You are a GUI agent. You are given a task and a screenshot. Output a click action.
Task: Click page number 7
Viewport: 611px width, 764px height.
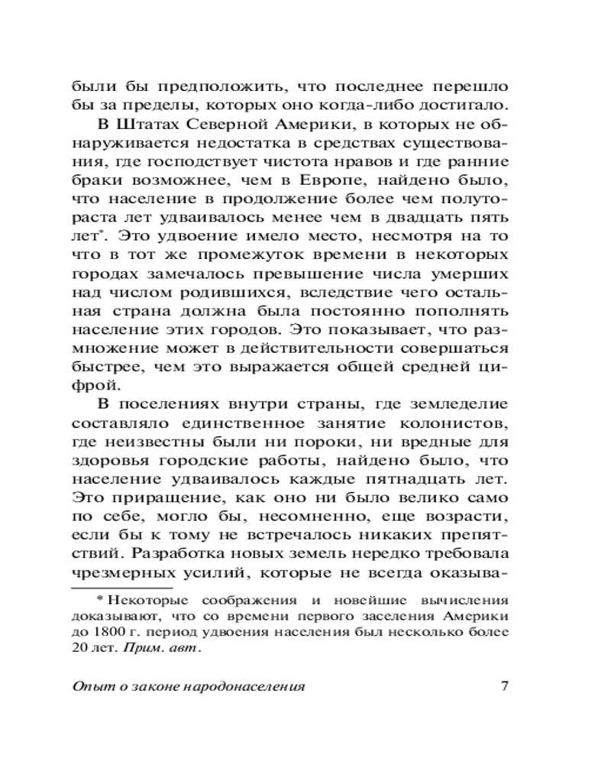[504, 685]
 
